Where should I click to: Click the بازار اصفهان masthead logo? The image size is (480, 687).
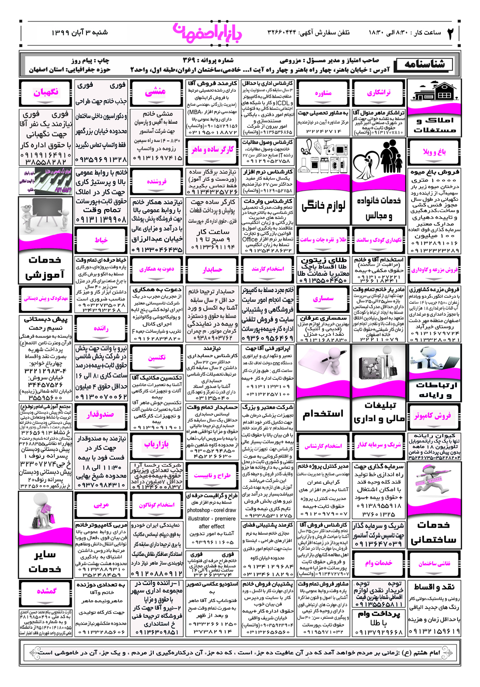[x=207, y=33]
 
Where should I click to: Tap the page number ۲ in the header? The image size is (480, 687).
[x=451, y=33]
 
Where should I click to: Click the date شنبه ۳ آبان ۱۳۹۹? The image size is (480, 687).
[x=80, y=32]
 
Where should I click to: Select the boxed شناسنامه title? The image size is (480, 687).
[x=424, y=64]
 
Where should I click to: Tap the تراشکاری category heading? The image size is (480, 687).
[x=378, y=92]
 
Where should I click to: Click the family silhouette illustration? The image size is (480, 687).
[x=379, y=160]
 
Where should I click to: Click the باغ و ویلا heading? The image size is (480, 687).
[x=434, y=152]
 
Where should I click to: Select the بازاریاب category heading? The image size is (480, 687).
[x=156, y=444]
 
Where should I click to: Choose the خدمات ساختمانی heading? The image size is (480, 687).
[x=433, y=532]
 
